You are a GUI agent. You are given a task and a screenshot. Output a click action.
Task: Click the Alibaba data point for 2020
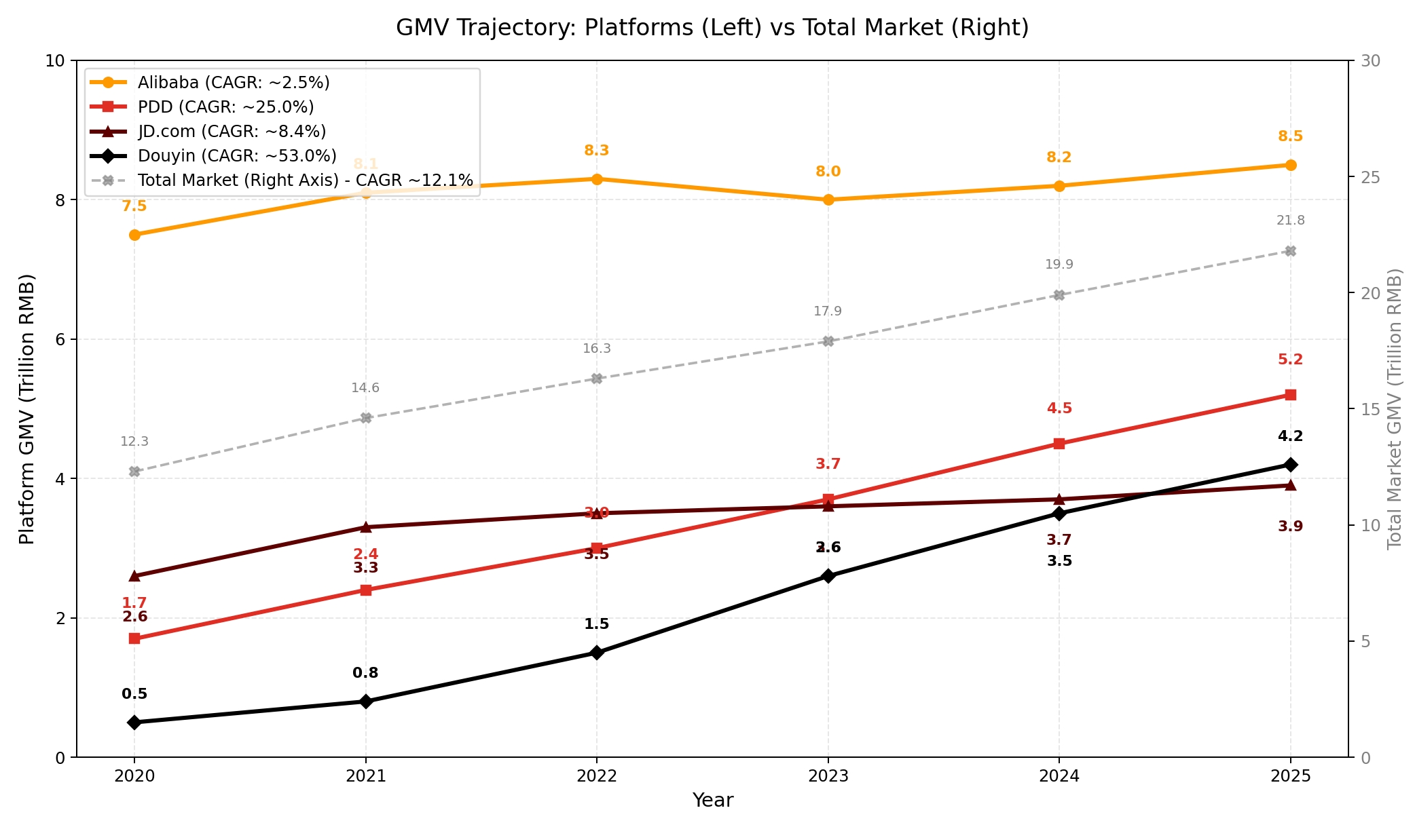tap(134, 235)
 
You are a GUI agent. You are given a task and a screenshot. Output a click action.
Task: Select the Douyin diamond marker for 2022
tap(597, 653)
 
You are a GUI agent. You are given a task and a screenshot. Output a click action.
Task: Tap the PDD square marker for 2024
tap(1059, 444)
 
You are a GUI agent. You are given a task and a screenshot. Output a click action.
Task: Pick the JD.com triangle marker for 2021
tap(366, 527)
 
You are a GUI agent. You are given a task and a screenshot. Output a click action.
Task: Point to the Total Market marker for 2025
tap(1291, 251)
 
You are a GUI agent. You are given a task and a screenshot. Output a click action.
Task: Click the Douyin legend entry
tap(236, 156)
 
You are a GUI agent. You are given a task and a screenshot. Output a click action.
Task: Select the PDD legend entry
tap(225, 107)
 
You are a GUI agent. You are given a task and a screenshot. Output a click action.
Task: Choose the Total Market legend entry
tap(305, 180)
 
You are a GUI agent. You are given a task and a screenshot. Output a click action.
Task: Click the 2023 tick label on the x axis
tap(828, 776)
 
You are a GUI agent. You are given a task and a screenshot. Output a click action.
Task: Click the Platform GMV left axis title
tap(26, 408)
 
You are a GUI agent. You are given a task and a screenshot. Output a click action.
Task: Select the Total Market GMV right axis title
tap(1395, 408)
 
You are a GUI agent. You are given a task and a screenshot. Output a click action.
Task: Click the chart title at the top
tap(712, 28)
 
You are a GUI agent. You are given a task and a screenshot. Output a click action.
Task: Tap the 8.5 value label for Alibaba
tap(1291, 136)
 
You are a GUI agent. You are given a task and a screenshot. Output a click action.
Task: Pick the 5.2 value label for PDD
tap(1291, 360)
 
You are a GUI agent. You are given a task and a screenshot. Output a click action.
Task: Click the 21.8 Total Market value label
tap(1291, 220)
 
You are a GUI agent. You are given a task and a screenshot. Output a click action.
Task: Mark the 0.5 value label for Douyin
tap(134, 694)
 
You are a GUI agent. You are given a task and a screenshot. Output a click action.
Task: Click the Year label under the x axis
tap(712, 801)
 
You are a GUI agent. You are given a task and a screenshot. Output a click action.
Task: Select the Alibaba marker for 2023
tap(828, 200)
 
